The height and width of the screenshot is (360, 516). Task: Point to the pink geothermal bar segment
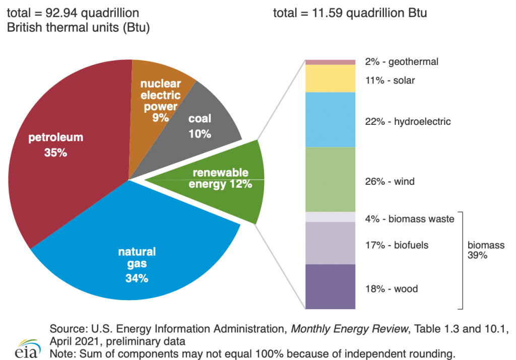tap(330, 62)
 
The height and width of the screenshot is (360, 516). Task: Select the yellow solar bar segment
tap(330, 79)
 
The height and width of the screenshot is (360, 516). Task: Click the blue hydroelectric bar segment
tap(330, 119)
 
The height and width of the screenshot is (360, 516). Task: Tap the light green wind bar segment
tap(330, 179)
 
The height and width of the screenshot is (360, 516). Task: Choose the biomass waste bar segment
tap(330, 217)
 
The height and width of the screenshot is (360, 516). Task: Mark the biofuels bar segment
tap(330, 243)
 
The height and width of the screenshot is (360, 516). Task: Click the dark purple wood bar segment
tap(330, 286)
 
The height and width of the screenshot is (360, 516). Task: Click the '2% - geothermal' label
tap(402, 62)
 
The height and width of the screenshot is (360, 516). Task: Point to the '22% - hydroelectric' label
tap(408, 122)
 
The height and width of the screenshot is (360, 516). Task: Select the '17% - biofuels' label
tap(397, 245)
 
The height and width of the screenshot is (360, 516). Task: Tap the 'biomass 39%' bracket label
tap(486, 250)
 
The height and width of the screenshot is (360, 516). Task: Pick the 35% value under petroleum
tap(55, 153)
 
